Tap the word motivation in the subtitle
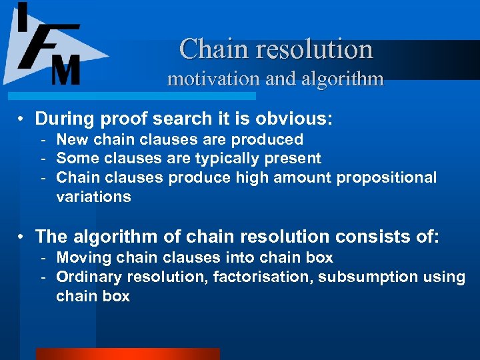pos(213,79)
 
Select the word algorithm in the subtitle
pos(344,79)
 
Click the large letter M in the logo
pos(66,69)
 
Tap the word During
pos(65,119)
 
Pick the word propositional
pos(387,177)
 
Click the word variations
pos(93,197)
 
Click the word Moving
pos(81,257)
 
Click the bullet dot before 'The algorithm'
pos(22,237)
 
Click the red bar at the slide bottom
pos(127,354)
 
